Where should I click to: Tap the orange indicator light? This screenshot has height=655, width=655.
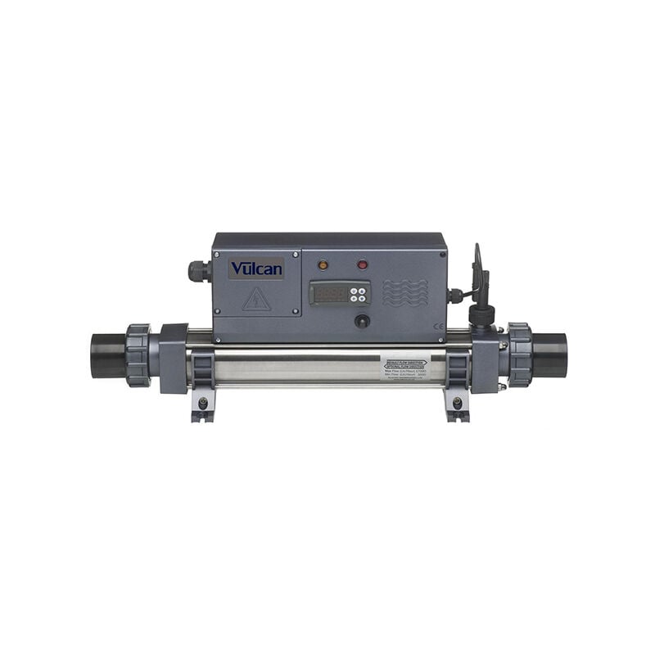tap(323, 265)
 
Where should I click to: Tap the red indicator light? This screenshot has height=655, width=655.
tap(362, 265)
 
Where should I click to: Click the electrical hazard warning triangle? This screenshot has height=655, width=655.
tap(256, 299)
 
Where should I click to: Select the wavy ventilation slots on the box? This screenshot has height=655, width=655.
tap(404, 292)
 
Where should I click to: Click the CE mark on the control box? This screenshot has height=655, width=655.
tap(437, 327)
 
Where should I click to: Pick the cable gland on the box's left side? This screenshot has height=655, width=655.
tap(197, 270)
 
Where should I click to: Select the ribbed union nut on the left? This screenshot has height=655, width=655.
tap(138, 355)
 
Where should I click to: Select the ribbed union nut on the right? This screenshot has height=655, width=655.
tap(519, 355)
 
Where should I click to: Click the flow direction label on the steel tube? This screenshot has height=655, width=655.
tap(404, 365)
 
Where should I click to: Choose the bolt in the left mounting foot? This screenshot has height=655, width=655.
tap(203, 403)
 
